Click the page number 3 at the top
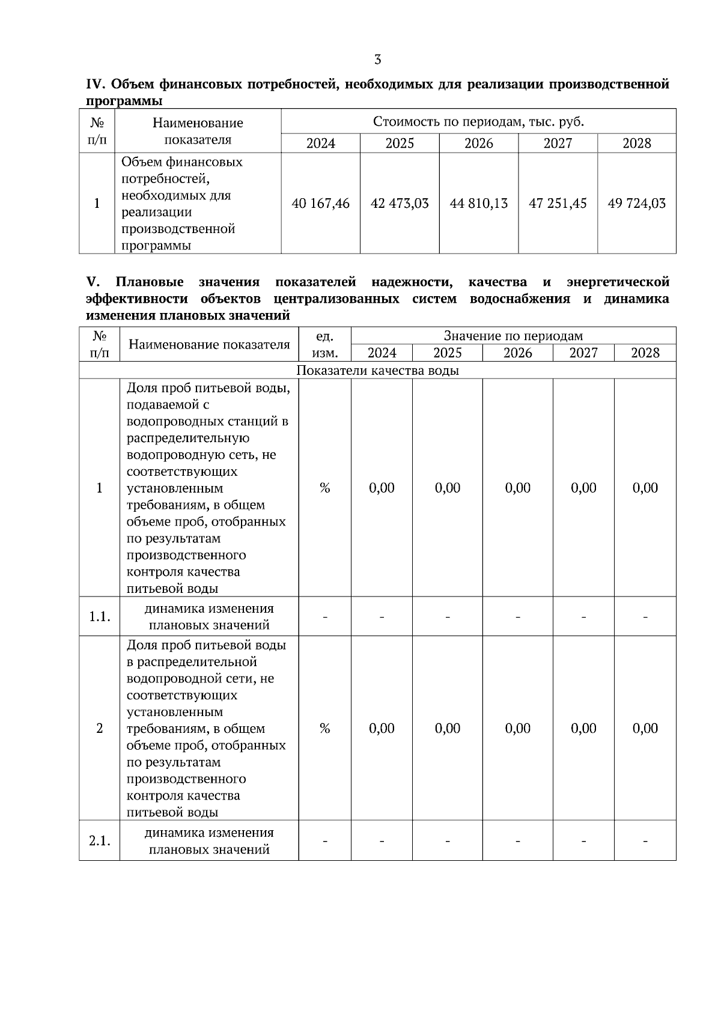[377, 59]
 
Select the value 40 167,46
[320, 204]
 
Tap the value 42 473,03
[400, 204]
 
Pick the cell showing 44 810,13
[478, 204]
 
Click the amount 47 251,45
[558, 204]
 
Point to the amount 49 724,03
[636, 204]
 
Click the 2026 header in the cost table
[478, 143]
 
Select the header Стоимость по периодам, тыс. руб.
[478, 122]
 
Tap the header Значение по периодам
[513, 336]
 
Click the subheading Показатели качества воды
[377, 371]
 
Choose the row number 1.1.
[99, 617]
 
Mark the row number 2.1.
[99, 841]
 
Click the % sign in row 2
[324, 729]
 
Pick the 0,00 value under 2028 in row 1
[645, 488]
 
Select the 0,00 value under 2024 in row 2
[382, 729]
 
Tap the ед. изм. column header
[324, 344]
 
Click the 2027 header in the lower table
[583, 353]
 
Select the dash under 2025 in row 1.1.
[447, 617]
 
